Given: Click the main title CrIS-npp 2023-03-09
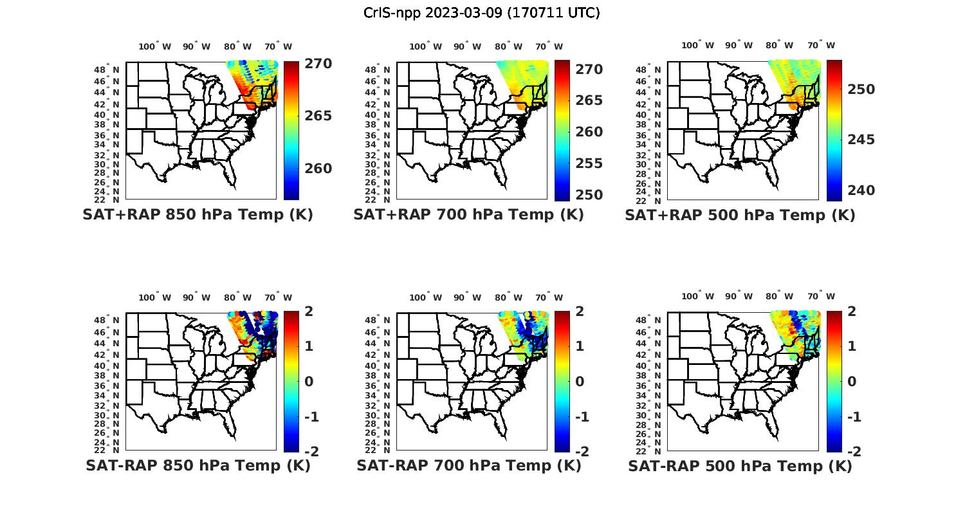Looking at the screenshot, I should (481, 12).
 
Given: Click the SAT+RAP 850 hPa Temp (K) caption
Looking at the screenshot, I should (198, 214).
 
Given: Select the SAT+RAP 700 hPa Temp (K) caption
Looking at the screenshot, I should (468, 214).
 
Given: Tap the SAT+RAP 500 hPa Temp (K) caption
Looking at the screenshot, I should (740, 215).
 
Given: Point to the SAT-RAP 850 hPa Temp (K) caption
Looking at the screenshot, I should (198, 465).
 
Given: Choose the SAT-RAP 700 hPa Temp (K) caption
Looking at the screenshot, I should (468, 465).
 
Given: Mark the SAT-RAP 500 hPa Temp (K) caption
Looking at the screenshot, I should (740, 466).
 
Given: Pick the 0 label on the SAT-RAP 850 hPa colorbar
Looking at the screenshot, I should (309, 382).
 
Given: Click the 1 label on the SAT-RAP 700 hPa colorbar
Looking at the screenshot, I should (580, 346).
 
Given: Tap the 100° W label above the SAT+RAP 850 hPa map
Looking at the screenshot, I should (154, 46).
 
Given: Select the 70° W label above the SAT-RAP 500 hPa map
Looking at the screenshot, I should (821, 297).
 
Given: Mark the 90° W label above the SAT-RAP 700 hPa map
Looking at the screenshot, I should (467, 297).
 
